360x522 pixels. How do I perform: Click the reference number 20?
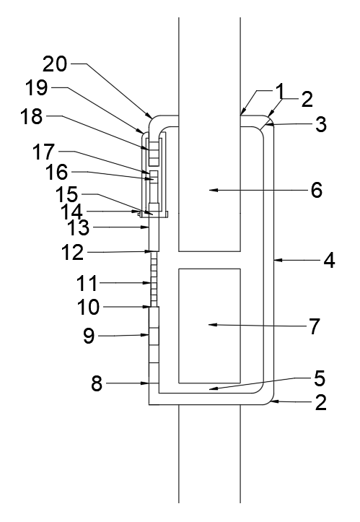[x=55, y=64]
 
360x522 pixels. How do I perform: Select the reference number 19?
[x=37, y=87]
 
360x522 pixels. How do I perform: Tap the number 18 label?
[x=32, y=116]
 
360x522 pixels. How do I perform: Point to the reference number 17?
[x=43, y=152]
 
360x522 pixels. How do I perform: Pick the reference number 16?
[x=56, y=172]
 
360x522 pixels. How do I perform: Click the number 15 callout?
[x=66, y=194]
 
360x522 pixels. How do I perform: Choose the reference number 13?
[x=79, y=227]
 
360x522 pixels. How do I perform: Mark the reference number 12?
[x=73, y=253]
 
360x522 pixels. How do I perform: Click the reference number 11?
[x=87, y=283]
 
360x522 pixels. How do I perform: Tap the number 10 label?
[x=88, y=307]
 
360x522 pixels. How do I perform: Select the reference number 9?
[x=89, y=336]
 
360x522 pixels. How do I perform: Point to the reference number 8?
[x=97, y=383]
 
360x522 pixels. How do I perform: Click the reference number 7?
[x=315, y=326]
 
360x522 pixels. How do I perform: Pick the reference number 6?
[x=317, y=190]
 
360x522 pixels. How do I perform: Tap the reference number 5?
[x=320, y=378]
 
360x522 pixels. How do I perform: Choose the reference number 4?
[x=330, y=261]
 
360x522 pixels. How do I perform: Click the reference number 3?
[x=321, y=124]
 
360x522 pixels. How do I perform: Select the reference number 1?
[x=281, y=90]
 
